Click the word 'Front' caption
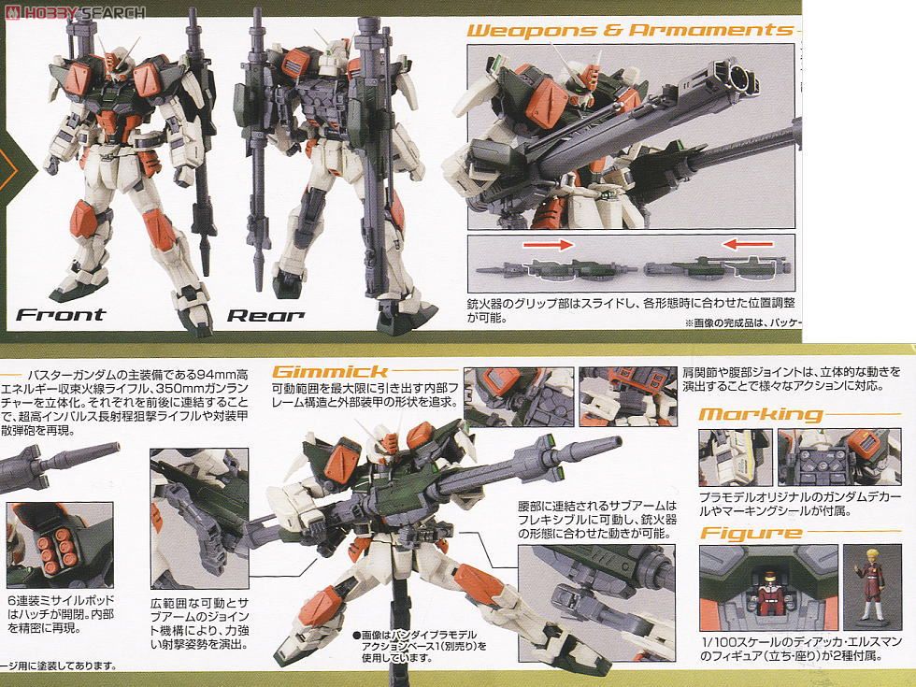coord(62,314)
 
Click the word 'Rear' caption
coord(265,315)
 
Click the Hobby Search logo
coord(74,12)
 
